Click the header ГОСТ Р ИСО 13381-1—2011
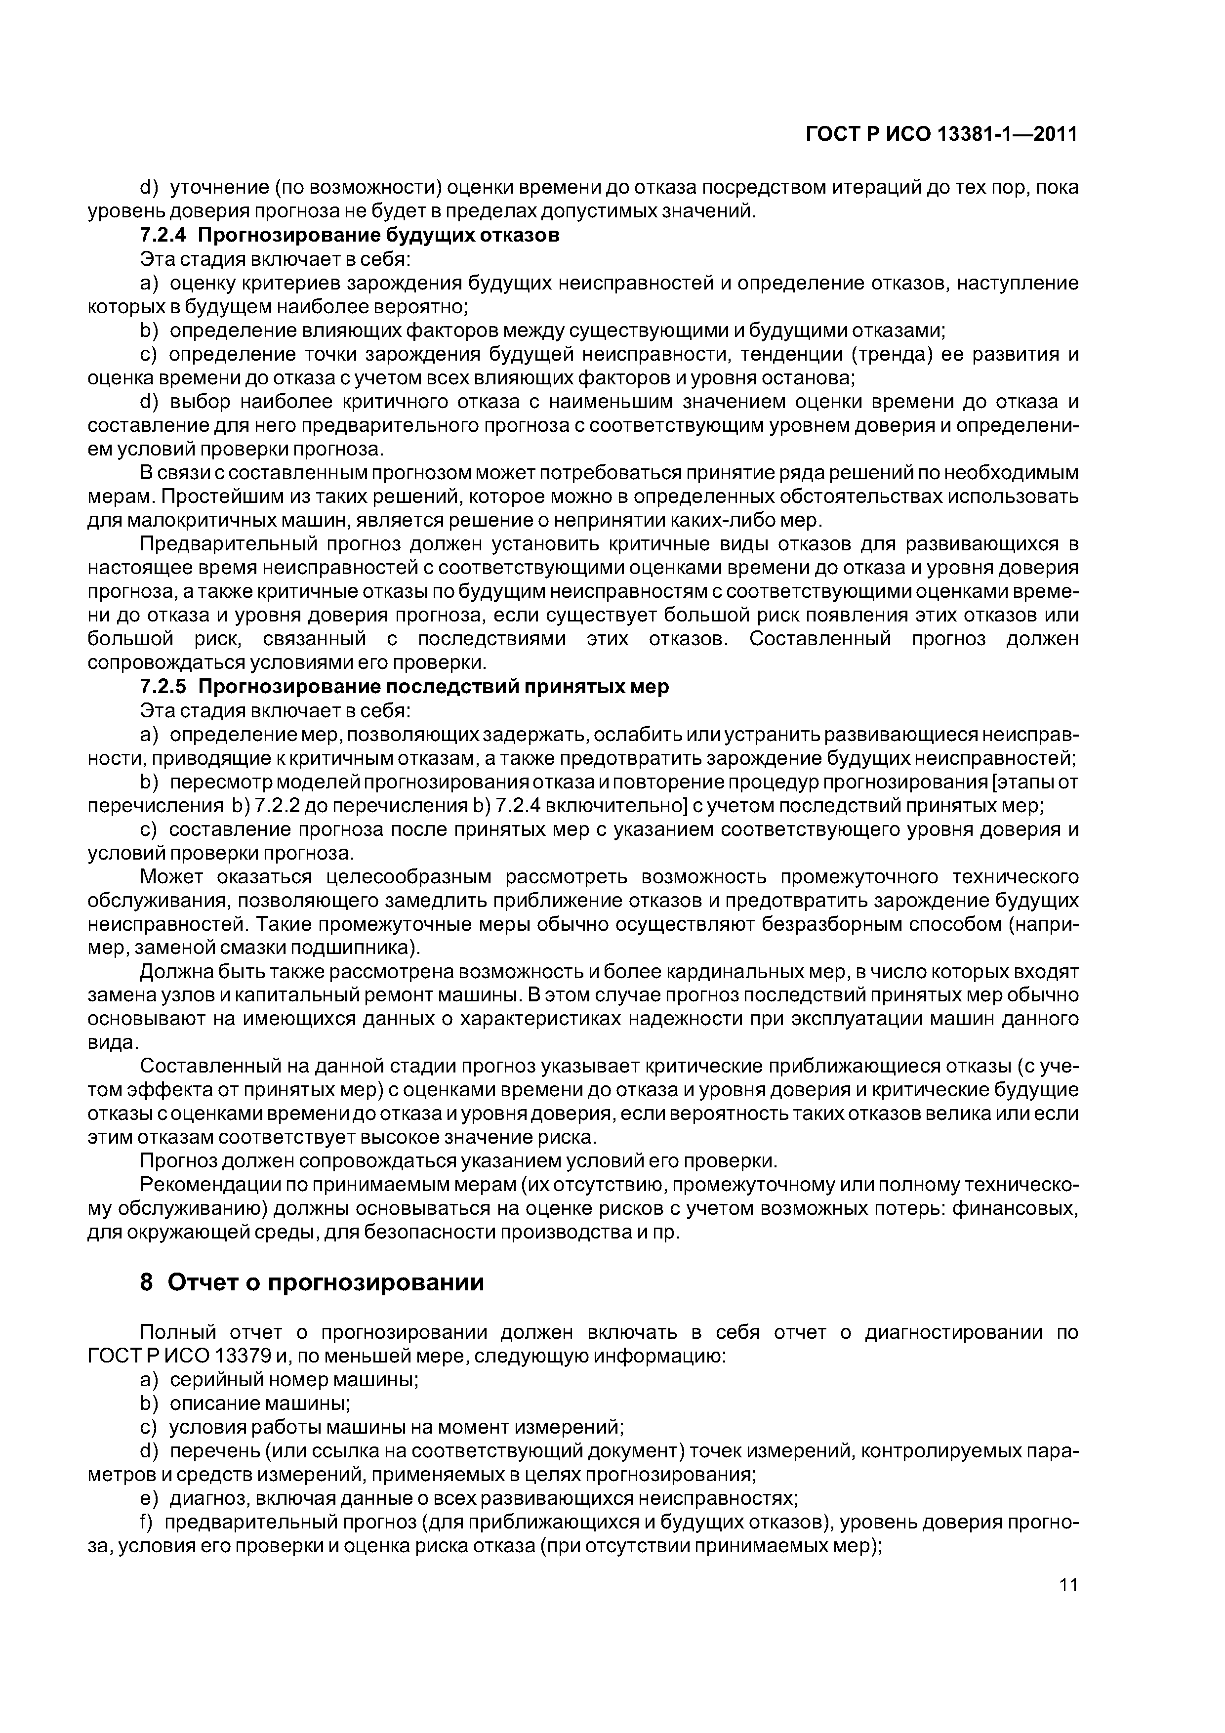(941, 134)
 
